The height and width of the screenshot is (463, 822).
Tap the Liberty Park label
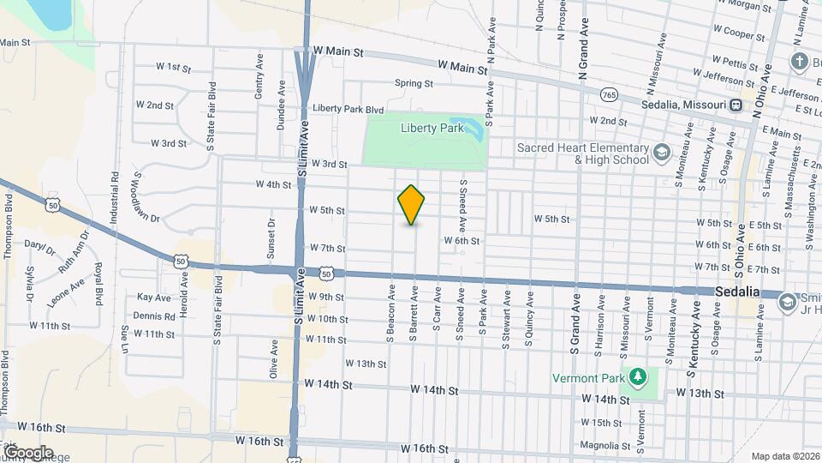click(432, 128)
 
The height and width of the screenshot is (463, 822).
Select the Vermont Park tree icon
click(637, 376)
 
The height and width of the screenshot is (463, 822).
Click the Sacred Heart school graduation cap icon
click(662, 153)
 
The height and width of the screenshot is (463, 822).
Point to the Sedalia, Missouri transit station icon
click(736, 105)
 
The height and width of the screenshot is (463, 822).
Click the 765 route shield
click(609, 94)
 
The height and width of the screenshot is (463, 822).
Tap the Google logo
click(27, 452)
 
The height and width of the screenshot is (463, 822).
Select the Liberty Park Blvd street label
click(348, 109)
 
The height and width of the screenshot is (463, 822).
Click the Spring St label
click(414, 83)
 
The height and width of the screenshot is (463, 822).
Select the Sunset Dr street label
click(271, 238)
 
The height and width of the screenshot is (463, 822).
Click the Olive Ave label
click(274, 358)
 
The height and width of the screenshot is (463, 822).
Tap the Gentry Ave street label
click(259, 74)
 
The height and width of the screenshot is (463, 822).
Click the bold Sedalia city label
click(737, 292)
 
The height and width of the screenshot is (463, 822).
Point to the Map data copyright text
click(785, 456)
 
